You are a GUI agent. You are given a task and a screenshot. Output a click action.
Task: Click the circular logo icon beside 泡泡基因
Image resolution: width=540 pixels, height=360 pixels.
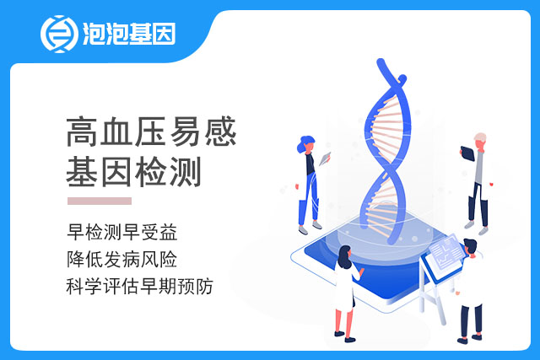(59, 34)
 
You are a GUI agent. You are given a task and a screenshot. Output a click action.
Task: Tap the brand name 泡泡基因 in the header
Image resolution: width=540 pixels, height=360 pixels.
(129, 34)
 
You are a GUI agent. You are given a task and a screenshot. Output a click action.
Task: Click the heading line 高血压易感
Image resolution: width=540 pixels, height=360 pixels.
(151, 132)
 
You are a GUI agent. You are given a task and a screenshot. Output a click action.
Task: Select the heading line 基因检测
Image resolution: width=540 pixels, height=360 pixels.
(133, 172)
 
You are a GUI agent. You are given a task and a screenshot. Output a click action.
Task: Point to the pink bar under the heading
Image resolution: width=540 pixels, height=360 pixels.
(100, 201)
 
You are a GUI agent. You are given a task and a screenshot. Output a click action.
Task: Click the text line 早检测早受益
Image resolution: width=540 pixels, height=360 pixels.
(122, 232)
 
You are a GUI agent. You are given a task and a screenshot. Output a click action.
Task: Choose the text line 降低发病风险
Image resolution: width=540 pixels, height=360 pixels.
(122, 259)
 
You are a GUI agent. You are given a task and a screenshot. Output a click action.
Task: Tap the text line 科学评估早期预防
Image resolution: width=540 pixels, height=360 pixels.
(140, 286)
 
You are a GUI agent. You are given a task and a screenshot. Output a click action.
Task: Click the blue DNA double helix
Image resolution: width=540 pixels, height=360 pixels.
(386, 152)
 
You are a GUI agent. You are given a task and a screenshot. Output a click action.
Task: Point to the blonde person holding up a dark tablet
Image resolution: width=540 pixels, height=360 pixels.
(477, 182)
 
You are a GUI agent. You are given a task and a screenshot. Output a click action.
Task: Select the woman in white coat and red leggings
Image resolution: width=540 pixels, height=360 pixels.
(346, 293)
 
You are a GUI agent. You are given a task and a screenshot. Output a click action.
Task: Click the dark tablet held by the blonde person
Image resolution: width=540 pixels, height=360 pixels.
(467, 153)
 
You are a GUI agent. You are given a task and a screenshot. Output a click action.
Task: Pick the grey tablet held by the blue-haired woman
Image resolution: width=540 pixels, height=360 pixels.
(325, 159)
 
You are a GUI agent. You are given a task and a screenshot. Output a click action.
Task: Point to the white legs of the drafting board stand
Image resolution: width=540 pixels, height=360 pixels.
(433, 303)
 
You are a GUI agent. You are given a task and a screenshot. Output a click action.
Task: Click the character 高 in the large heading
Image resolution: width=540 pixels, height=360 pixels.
(82, 132)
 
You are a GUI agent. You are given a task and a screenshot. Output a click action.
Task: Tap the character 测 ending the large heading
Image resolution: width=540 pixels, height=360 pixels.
(186, 172)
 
